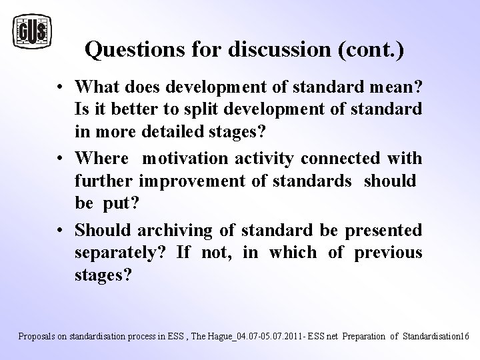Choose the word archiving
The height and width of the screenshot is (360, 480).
click(x=169, y=231)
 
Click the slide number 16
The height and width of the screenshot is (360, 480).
click(x=465, y=336)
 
